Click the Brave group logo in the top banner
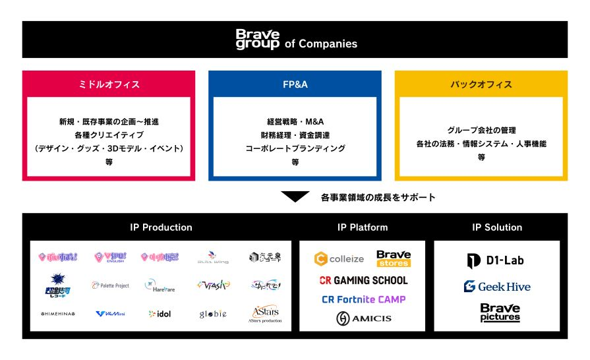pos(258,40)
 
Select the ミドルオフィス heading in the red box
pos(109,84)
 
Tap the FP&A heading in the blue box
pos(295,84)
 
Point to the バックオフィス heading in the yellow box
pos(481,84)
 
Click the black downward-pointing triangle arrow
pos(295,196)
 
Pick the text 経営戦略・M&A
pos(295,122)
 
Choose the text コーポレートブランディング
pos(295,148)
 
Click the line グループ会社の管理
pos(481,130)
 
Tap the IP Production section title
pos(161,227)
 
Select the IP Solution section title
pos(497,227)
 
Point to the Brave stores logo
pos(394,258)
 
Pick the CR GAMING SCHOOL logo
pos(363,280)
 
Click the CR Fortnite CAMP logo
pos(363,299)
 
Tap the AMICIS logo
pos(363,318)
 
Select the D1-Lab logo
pos(496,261)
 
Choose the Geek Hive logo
pos(497,287)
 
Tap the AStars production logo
pos(266,315)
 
